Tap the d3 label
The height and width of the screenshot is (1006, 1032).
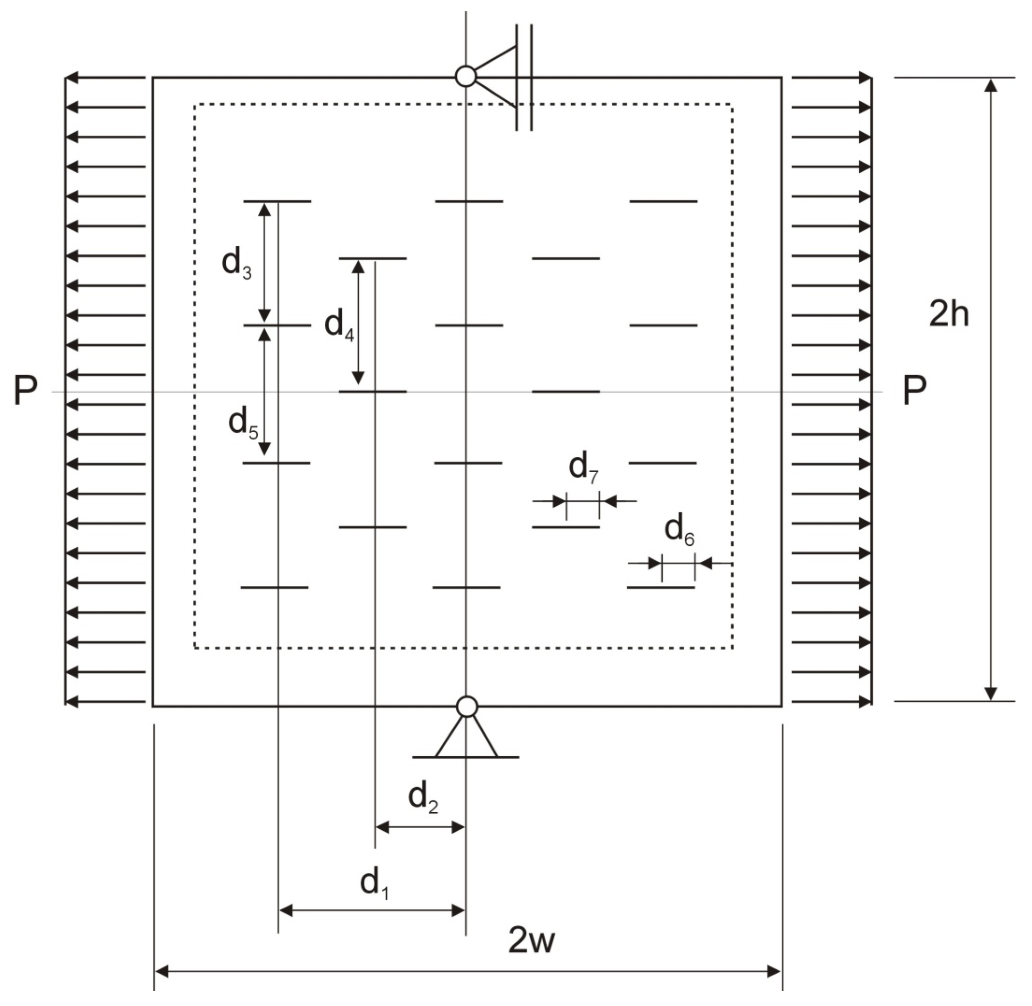236,263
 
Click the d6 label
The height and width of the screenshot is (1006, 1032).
679,530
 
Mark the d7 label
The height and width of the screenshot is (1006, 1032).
583,468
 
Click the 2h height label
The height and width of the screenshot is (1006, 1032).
948,315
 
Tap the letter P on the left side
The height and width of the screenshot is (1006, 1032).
26,391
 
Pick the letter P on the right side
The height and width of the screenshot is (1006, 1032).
914,391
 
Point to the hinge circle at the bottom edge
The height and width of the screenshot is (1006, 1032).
467,706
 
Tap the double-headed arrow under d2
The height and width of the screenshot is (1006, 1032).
420,827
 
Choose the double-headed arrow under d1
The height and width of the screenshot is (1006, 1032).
372,910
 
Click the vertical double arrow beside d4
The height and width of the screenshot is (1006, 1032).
358,322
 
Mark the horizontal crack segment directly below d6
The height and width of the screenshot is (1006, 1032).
661,587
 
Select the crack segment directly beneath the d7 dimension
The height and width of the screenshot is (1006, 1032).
566,527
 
